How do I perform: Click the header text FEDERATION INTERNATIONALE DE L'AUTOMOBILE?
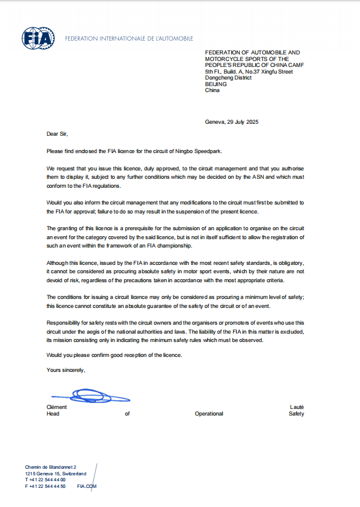129,39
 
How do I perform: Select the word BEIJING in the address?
216,84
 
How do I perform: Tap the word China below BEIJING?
212,90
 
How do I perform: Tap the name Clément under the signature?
57,407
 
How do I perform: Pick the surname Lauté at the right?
297,407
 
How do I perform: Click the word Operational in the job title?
209,414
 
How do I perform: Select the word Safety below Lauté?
296,414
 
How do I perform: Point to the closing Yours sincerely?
66,370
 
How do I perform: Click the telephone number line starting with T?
45,479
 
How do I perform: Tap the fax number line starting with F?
45,486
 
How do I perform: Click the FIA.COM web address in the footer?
87,486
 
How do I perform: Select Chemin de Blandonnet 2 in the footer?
51,466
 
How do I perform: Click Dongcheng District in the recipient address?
228,78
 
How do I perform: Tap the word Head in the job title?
53,414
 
